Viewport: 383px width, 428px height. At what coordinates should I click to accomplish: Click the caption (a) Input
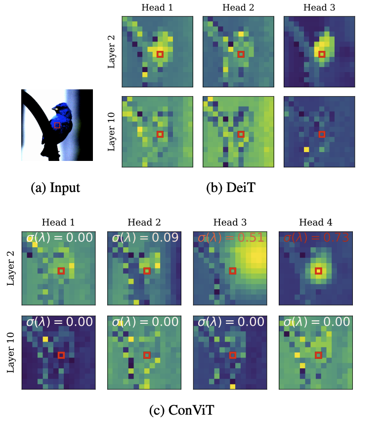click(55, 188)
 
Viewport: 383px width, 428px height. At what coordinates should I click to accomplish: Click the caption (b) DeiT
click(230, 188)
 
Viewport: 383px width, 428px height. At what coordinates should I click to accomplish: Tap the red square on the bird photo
click(57, 125)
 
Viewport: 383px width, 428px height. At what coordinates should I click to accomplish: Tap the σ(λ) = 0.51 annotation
click(230, 237)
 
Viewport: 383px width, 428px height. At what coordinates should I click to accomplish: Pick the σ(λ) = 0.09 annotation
click(144, 237)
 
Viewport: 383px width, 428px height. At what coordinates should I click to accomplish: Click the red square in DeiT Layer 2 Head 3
click(322, 54)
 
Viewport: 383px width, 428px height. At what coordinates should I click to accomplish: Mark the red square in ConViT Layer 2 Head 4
click(318, 271)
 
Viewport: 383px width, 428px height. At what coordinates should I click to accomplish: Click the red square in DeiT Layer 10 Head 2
click(241, 134)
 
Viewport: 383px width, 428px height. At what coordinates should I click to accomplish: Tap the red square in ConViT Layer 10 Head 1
click(61, 355)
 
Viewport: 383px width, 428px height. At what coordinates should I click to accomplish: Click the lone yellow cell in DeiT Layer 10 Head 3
click(306, 149)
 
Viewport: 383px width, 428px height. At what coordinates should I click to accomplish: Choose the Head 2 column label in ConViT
click(144, 223)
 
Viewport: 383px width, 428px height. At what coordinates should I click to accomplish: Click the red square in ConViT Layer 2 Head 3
click(233, 271)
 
